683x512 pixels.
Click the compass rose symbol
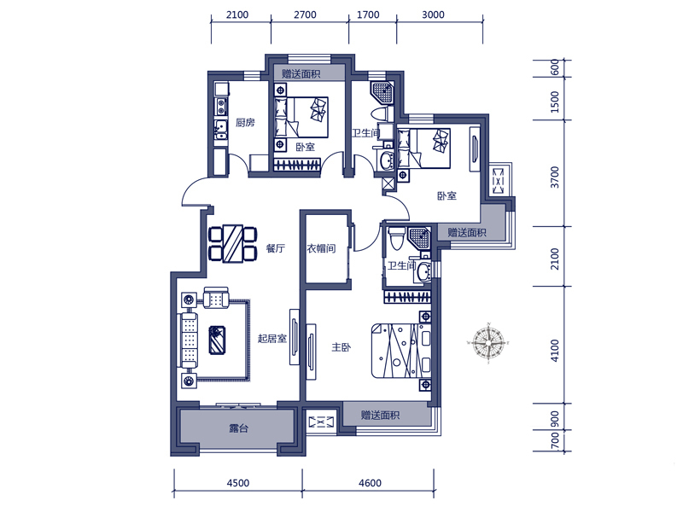coord(488,343)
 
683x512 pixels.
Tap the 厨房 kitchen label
coord(245,122)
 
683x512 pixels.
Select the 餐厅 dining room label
coord(275,248)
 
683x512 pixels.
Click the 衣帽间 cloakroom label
coord(321,248)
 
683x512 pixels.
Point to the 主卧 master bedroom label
coord(341,347)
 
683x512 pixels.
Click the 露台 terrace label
coord(239,428)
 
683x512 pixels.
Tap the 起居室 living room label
coord(271,338)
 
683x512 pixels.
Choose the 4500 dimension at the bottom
coord(238,483)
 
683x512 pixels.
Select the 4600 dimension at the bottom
coord(370,483)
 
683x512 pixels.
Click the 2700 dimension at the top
coord(305,15)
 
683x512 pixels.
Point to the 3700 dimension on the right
coord(554,177)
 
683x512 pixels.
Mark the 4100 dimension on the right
coord(554,351)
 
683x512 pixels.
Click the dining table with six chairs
coord(232,243)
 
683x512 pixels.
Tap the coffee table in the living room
coord(217,340)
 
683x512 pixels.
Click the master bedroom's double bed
coord(401,350)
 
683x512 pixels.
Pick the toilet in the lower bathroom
coord(396,238)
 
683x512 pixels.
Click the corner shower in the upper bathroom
coord(382,92)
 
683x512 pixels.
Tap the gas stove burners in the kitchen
coord(222,107)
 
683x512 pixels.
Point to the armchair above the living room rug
coord(216,297)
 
